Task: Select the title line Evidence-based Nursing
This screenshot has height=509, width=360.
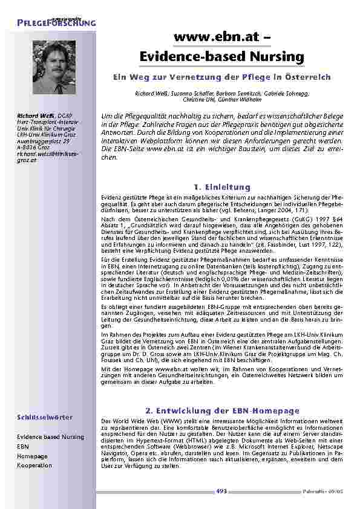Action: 221,57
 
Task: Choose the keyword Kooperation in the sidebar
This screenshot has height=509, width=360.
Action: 34,466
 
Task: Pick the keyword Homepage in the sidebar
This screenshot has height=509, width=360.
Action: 32,456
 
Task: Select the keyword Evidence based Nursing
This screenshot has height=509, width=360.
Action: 50,437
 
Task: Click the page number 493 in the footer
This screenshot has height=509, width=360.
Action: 221,491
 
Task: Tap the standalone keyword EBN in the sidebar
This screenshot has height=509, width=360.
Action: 22,447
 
